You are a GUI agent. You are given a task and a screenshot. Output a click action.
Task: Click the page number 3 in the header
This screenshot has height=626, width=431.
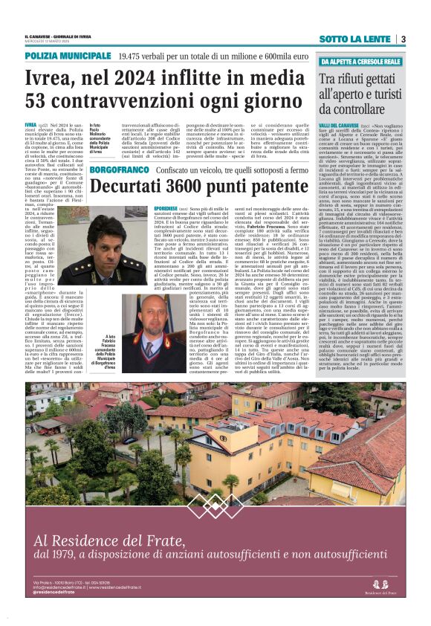402,39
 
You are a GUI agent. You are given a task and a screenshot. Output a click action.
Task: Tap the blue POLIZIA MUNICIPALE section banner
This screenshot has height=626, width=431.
66,56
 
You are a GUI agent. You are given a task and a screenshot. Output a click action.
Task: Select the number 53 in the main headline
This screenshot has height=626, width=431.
41,102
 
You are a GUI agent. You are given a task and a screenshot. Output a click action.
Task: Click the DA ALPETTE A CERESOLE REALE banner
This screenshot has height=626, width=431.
360,61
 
